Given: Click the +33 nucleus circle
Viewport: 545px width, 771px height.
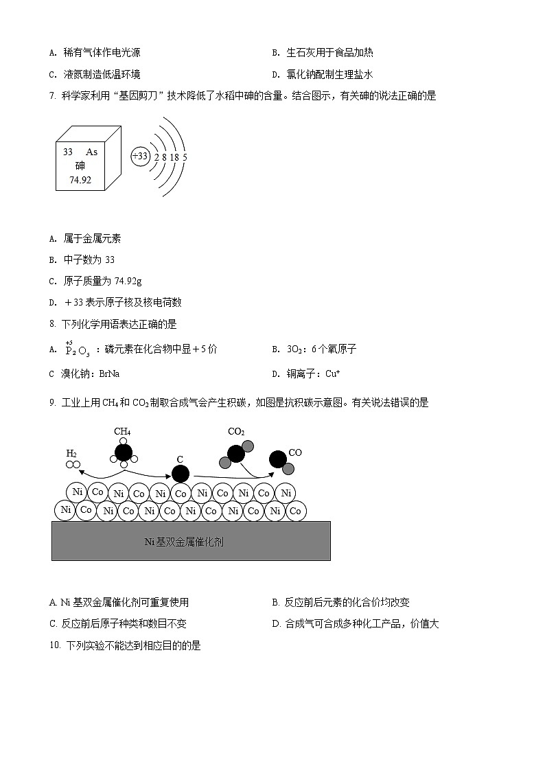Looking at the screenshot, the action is [x=140, y=157].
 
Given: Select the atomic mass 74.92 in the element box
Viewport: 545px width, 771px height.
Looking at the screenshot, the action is [x=80, y=180].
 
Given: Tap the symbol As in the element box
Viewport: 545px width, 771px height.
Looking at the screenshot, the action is [x=91, y=152].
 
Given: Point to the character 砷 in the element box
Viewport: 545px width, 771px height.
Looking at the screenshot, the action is [x=80, y=165].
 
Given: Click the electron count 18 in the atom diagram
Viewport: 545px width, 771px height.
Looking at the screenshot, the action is [x=174, y=157].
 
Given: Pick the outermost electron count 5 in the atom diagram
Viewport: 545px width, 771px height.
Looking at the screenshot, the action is [x=185, y=157].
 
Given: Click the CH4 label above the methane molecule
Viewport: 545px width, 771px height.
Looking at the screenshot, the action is [x=122, y=432].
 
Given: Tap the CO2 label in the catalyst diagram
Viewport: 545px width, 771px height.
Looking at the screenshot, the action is [x=236, y=432].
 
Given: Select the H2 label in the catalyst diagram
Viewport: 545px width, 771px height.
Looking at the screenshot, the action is [x=71, y=453].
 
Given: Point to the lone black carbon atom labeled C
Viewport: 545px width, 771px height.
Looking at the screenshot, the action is [x=181, y=473].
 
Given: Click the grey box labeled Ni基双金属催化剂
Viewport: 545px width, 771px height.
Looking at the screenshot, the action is [x=191, y=541].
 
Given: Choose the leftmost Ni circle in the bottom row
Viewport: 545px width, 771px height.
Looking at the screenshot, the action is [x=66, y=510].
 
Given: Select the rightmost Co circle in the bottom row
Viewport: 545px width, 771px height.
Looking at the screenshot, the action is [x=296, y=511].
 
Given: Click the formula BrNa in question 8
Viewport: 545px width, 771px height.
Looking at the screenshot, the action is [x=110, y=374].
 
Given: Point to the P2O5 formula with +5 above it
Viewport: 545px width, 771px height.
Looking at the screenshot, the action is [x=77, y=350].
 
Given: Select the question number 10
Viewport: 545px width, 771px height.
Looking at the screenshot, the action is [x=56, y=645].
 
